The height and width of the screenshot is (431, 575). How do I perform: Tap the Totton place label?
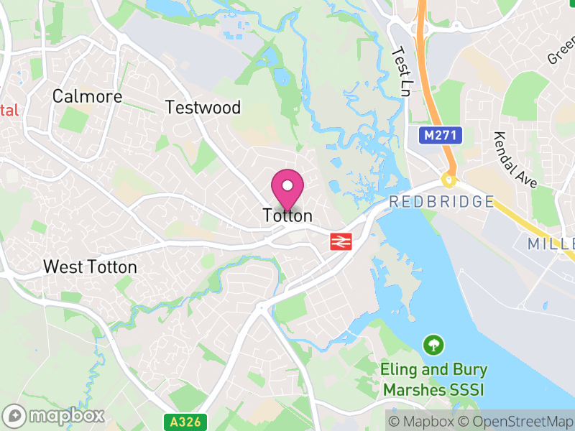click(287, 215)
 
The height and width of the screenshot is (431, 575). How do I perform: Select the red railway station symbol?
click(340, 241)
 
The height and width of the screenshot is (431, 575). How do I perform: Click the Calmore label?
click(88, 96)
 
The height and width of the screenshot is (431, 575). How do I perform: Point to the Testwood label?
click(203, 108)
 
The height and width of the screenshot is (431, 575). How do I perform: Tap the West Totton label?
click(90, 267)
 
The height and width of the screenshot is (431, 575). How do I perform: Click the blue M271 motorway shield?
click(439, 135)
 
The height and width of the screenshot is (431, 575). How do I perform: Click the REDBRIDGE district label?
click(441, 202)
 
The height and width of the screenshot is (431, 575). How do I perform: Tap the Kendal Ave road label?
click(515, 160)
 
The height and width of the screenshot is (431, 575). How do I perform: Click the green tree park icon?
click(433, 345)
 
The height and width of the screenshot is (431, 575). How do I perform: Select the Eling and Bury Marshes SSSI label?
click(433, 380)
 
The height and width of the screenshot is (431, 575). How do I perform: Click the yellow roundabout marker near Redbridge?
click(449, 180)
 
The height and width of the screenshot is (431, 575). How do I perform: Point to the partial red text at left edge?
click(8, 111)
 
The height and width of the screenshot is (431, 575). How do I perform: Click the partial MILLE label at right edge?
click(552, 244)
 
